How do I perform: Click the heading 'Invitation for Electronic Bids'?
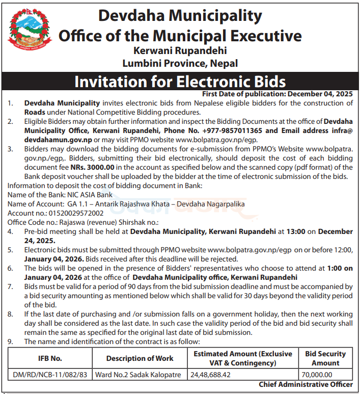[180, 82]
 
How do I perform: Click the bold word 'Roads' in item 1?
[35, 112]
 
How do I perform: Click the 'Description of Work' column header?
[140, 358]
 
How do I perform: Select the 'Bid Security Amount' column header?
[325, 358]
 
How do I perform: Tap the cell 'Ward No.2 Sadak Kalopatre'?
[138, 375]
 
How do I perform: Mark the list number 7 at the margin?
[11, 287]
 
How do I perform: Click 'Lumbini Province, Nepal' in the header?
[180, 64]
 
